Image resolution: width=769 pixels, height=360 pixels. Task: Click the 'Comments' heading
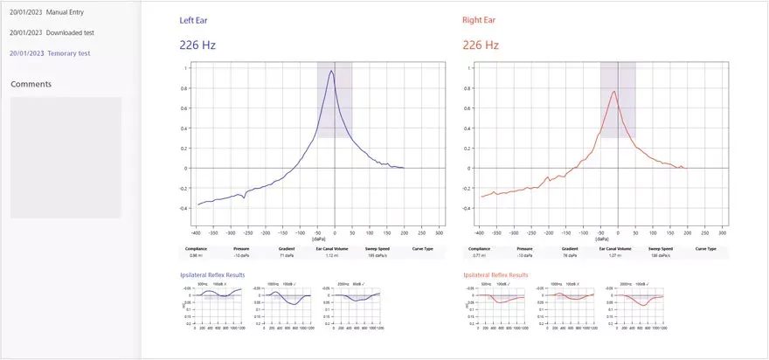[31, 84]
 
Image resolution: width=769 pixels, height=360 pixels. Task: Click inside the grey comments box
[66, 157]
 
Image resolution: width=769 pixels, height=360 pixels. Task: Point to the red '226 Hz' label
[481, 45]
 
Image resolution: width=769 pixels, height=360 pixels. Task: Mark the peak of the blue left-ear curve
[331, 72]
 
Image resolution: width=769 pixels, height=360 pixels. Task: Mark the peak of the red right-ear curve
[614, 91]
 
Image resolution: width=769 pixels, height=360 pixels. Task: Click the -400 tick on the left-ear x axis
[197, 234]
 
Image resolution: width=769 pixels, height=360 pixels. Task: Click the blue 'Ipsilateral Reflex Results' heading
[212, 275]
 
